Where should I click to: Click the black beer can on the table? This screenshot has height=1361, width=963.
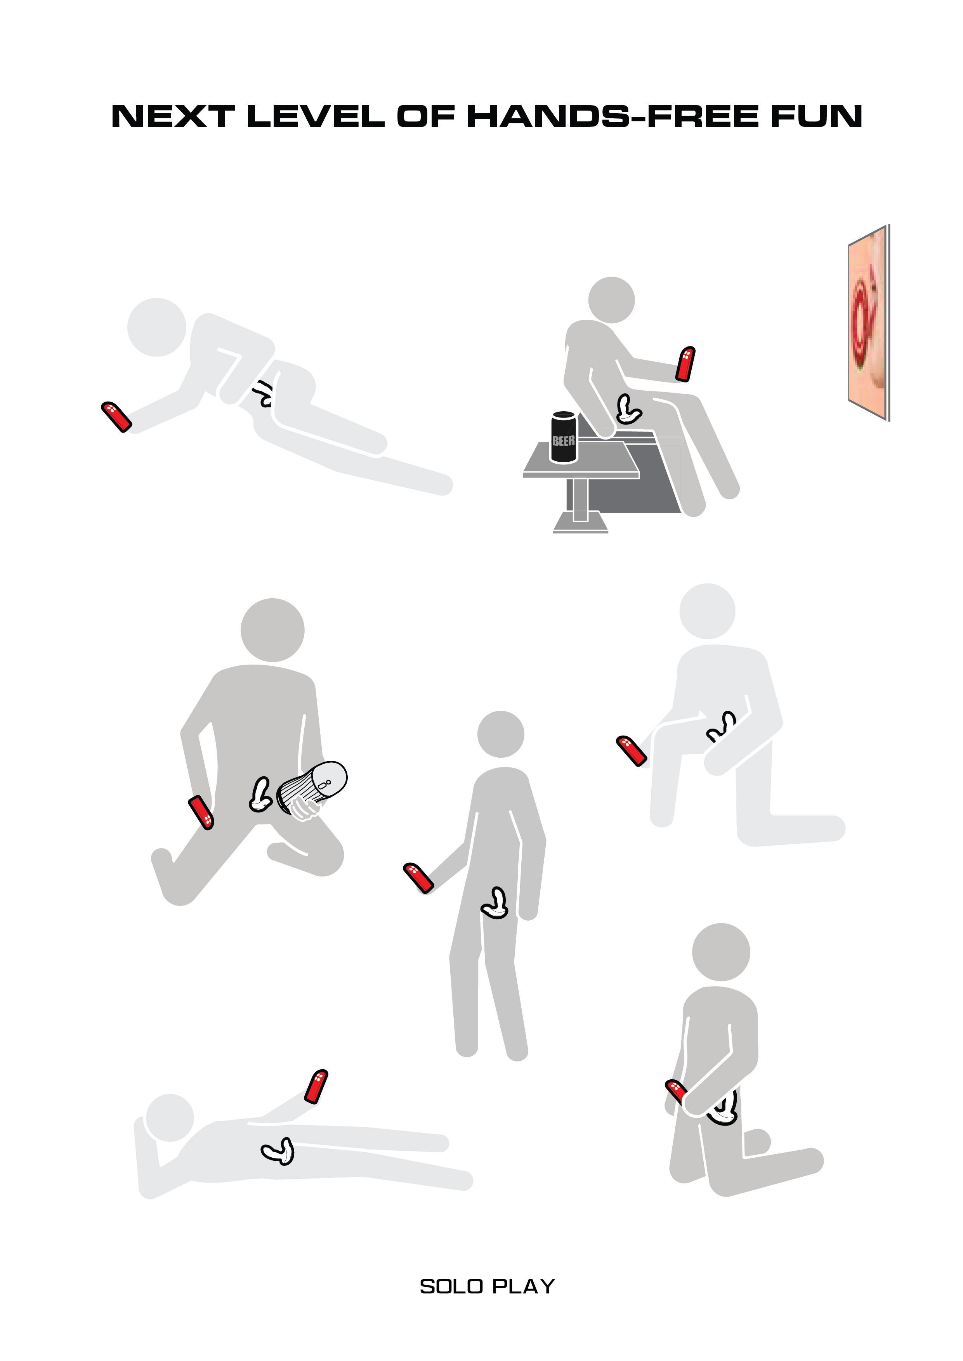click(563, 438)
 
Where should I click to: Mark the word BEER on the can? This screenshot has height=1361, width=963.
click(563, 441)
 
